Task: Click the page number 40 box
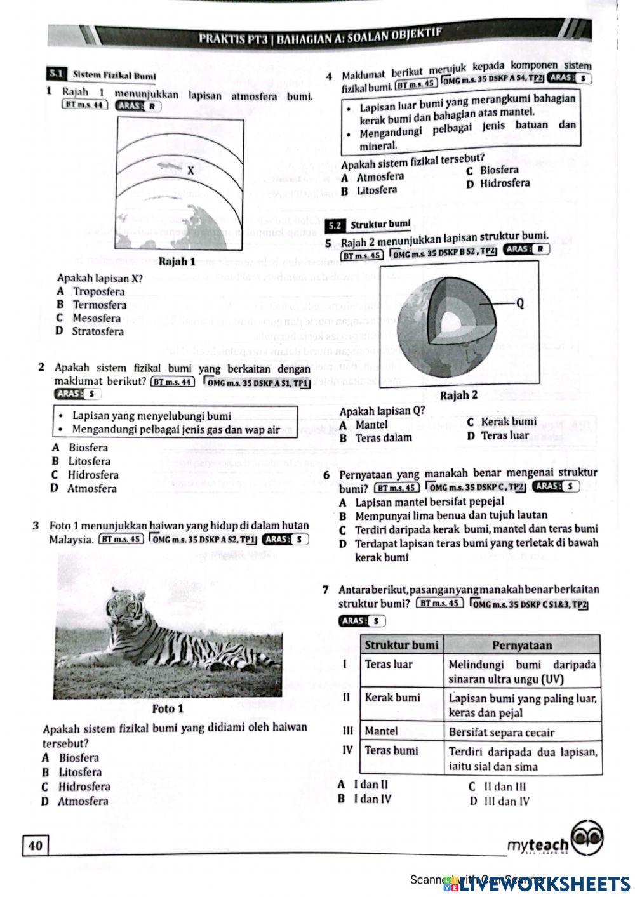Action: point(36,845)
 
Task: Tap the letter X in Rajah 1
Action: point(190,171)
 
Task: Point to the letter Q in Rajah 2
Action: point(520,303)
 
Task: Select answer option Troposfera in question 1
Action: point(98,292)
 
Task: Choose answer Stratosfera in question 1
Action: point(97,331)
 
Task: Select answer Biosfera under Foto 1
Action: point(79,758)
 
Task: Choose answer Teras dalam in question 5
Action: point(383,438)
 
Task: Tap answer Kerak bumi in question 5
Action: point(508,422)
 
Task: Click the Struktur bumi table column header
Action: point(401,646)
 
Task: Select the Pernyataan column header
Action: point(522,646)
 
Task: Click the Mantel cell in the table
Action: point(381,731)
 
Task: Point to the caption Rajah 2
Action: point(458,395)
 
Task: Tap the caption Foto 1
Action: point(168,708)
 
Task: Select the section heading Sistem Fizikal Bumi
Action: point(114,76)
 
